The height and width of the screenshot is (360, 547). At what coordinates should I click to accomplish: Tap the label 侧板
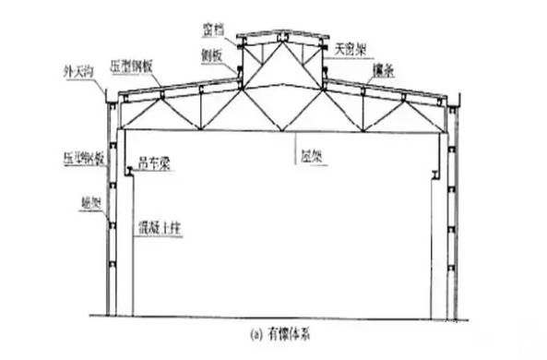211,54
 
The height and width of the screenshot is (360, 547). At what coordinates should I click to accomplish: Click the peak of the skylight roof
282,33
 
